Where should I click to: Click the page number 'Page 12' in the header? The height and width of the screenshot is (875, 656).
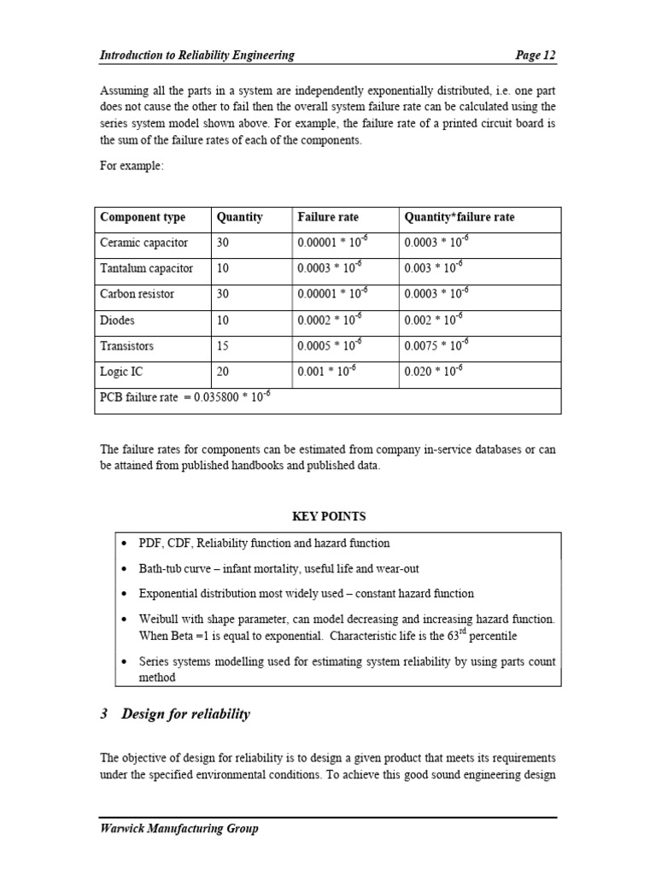point(536,56)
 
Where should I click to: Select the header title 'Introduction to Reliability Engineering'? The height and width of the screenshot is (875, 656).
point(197,56)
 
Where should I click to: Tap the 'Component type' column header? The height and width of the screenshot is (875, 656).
point(143,217)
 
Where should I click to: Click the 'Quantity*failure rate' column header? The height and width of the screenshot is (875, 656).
point(460,217)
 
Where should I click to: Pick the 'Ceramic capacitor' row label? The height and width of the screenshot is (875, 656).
point(144,243)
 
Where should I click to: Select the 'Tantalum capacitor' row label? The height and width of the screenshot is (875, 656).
point(147,268)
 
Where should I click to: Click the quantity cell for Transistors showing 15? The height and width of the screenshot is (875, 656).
point(224,346)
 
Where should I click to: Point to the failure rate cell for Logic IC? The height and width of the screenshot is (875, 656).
point(329,372)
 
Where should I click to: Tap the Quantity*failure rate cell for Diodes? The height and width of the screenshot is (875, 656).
point(436,320)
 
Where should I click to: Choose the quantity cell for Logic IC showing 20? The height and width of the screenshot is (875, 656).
point(224,372)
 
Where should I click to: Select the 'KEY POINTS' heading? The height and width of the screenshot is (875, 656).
point(329,516)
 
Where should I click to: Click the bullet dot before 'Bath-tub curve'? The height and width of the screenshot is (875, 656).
point(126,568)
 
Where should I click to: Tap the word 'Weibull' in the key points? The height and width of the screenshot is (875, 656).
point(159,619)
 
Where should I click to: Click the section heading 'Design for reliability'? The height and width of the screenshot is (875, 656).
point(185,714)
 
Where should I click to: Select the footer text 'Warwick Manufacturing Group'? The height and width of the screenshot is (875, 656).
point(179,828)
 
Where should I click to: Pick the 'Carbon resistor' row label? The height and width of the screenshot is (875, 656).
point(138,294)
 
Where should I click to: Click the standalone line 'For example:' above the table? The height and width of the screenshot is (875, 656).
point(132,167)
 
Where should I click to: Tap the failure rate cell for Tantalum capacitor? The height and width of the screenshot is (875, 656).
point(329,268)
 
